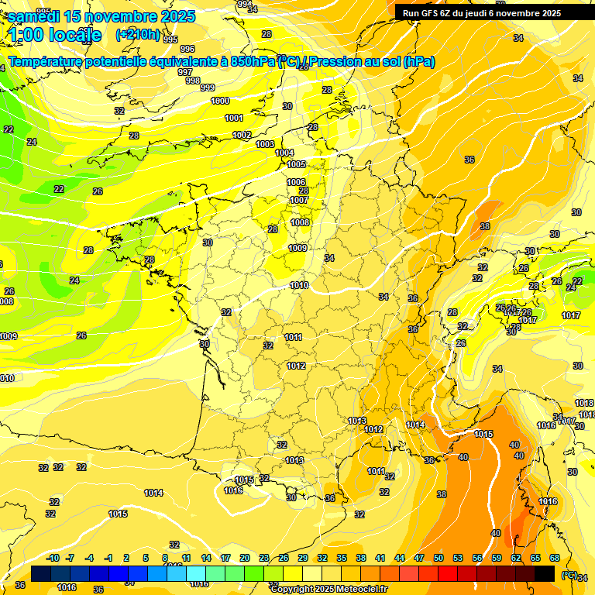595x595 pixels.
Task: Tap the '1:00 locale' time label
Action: click(x=56, y=35)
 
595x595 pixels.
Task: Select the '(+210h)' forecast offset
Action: click(x=138, y=35)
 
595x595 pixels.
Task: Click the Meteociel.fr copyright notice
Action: click(x=328, y=589)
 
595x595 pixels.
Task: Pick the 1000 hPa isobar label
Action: click(x=220, y=101)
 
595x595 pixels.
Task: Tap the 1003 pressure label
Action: click(x=265, y=144)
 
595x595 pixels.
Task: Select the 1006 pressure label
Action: click(x=296, y=182)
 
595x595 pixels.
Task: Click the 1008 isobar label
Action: click(x=300, y=222)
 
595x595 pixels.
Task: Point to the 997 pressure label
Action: click(x=185, y=72)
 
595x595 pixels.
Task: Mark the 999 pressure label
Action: click(x=207, y=88)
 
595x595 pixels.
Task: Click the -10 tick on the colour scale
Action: click(x=53, y=558)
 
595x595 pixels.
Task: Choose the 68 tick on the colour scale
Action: click(x=554, y=558)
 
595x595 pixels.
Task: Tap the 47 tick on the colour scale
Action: click(x=419, y=558)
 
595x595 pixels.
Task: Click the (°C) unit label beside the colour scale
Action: click(x=569, y=574)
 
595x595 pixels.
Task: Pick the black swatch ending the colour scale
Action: click(x=545, y=573)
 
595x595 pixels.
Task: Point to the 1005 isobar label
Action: click(x=296, y=164)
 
